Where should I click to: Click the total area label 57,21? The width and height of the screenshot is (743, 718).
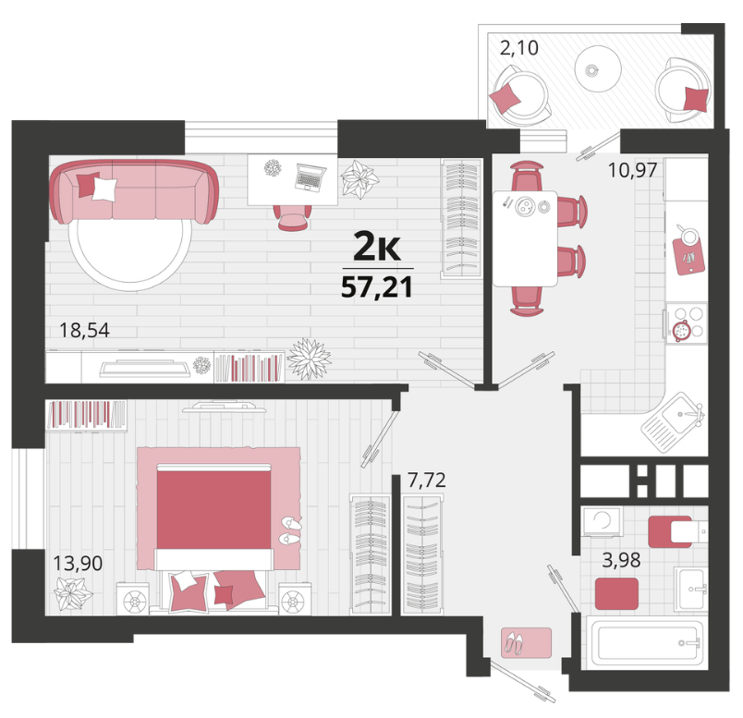tap(377, 287)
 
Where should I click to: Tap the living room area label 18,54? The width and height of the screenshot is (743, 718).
tap(84, 330)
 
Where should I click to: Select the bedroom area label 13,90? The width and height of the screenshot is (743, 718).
tap(78, 563)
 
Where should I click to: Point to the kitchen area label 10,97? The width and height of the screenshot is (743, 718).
tap(633, 170)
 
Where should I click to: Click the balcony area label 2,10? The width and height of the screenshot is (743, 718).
tap(519, 48)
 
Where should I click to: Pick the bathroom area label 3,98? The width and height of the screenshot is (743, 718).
tap(621, 560)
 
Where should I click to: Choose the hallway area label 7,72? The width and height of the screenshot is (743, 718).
tap(427, 481)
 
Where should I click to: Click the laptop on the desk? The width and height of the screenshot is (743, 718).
tap(310, 176)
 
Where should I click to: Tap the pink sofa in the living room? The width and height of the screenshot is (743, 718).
tap(134, 191)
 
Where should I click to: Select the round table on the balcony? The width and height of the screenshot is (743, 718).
tap(598, 69)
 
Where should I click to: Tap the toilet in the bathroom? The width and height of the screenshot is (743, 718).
tap(677, 531)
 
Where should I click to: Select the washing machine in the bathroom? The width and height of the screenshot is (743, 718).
tap(603, 522)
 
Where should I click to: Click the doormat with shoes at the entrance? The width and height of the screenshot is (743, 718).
tap(527, 643)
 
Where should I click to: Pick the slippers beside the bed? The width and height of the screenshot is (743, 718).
tap(290, 530)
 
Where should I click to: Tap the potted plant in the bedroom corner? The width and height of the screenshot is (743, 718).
tap(72, 594)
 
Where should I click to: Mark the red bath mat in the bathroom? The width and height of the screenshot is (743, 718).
tap(616, 594)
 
